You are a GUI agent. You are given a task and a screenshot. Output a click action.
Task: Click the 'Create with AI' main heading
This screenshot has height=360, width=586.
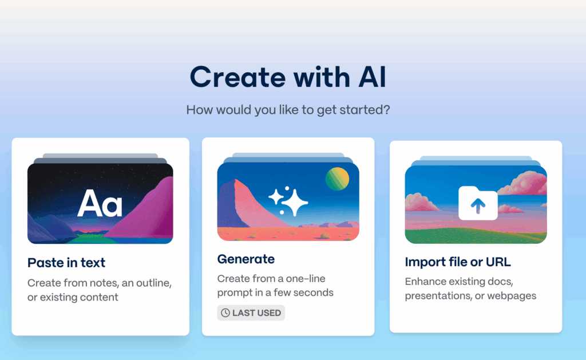point(288,77)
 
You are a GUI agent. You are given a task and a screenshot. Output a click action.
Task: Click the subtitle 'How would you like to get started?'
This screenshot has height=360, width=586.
point(288,110)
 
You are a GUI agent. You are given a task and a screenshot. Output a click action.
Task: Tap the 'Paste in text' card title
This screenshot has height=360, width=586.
point(66,263)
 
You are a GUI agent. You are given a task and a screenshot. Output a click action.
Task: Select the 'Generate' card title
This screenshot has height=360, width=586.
point(246,259)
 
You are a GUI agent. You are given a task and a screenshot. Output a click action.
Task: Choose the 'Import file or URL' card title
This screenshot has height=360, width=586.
point(458,262)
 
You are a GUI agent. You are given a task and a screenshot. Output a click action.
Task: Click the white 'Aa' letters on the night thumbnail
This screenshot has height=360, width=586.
point(100,203)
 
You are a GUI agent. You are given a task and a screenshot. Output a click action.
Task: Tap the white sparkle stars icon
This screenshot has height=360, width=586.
point(288,201)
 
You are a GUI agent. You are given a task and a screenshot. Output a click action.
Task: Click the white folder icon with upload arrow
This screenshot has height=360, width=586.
point(478,203)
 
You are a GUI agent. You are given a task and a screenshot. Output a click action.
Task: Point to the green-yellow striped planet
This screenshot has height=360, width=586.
point(337,179)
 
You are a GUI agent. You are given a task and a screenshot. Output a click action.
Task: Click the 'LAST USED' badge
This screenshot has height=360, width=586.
point(251,313)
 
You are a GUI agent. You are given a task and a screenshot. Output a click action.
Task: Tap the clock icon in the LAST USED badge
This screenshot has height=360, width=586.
point(225,313)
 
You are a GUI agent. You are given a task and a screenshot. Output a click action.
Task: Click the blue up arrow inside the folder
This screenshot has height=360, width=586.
point(478,205)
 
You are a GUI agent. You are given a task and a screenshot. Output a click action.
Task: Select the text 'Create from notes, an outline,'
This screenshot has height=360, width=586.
point(100,283)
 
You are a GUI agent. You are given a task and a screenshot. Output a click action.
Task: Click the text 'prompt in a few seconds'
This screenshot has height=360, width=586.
point(275,292)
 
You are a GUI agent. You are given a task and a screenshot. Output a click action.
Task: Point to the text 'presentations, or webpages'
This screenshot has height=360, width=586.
point(470,296)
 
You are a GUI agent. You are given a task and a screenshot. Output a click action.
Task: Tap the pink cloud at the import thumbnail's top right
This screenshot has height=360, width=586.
point(525,183)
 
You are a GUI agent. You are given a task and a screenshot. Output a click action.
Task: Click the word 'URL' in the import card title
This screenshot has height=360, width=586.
point(498,262)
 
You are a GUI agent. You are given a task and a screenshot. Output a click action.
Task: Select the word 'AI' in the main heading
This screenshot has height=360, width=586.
point(372,77)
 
